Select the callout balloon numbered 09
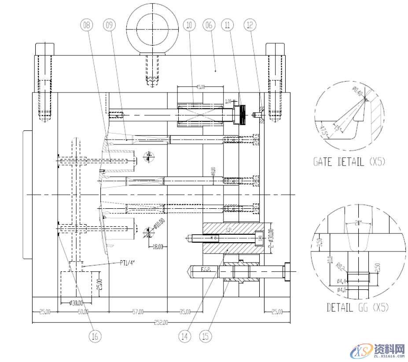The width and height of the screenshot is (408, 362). click(108, 26)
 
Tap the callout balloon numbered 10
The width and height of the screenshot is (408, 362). click(190, 26)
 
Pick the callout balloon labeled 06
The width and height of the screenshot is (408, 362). click(209, 26)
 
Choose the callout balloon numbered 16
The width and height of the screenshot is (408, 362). click(95, 336)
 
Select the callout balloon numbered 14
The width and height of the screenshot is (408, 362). click(185, 336)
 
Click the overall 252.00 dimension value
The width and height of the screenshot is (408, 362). click(161, 323)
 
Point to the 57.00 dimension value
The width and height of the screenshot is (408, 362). click(138, 312)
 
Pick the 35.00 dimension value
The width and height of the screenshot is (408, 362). click(185, 312)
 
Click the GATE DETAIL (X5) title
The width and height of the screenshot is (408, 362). click(349, 162)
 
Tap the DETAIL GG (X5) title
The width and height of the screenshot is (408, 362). click(358, 307)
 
